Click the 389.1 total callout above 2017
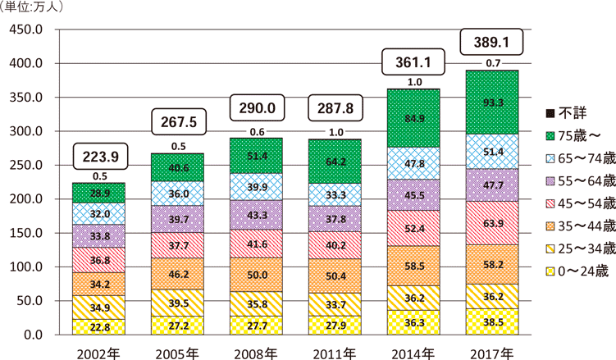click(x=491, y=41)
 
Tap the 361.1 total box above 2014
click(x=413, y=62)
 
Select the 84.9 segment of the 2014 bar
click(x=413, y=119)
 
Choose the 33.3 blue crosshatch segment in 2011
click(x=334, y=195)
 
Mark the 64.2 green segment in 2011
click(x=334, y=162)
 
